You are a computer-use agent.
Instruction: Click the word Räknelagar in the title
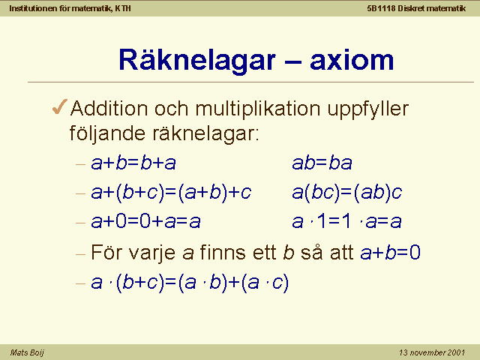pos(197,60)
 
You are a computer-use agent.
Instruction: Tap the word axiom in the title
pos(352,60)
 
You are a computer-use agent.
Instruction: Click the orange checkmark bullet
pos(60,106)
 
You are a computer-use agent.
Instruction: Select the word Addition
pos(109,108)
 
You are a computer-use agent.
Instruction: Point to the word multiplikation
pos(258,109)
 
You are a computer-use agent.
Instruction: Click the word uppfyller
pos(368,109)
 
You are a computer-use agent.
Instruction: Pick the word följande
pos(107,133)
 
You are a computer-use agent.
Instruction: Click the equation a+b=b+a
pos(133,163)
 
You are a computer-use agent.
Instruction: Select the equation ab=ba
pos(322,163)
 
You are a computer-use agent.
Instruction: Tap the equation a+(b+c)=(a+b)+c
pos(171,193)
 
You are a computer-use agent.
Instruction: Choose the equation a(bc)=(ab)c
pos(347,193)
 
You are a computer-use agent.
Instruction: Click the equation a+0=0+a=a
pos(145,221)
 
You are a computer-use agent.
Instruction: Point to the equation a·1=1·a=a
pos(346,221)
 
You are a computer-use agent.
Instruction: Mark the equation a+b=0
pos(391,253)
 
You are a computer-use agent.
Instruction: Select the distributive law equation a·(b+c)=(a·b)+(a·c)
pos(190,283)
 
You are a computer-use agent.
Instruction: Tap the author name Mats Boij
pos(27,352)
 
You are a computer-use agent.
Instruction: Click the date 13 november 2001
pos(432,352)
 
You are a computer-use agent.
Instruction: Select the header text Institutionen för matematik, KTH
pos(70,8)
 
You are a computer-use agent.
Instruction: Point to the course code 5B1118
pos(381,8)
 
